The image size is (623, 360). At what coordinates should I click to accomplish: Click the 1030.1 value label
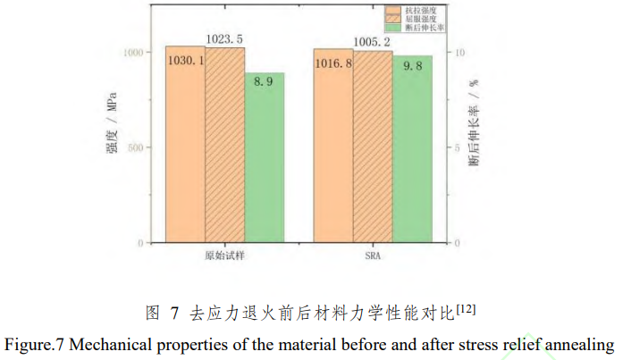coord(185,60)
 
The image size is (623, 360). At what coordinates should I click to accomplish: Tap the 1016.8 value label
coord(333,63)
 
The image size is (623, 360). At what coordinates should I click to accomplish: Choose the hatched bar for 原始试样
coord(224,147)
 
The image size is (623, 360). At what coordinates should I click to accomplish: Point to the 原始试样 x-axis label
coord(224,255)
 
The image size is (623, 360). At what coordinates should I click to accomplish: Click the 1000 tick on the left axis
coord(130,53)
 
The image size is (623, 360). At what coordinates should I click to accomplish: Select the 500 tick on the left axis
coord(133,148)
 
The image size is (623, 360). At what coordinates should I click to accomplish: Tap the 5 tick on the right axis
coord(459,148)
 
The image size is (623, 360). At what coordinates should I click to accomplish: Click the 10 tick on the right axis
coord(461,53)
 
